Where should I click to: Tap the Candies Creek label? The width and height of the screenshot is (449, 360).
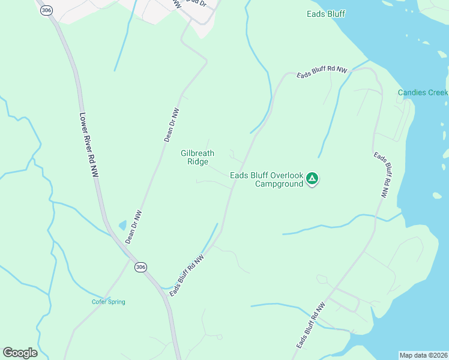(423, 92)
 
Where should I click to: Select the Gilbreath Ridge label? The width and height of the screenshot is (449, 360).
(197, 157)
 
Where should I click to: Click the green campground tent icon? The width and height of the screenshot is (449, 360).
(312, 178)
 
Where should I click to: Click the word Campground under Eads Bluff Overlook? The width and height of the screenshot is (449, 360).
(279, 184)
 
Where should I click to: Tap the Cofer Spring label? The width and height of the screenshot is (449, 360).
(109, 302)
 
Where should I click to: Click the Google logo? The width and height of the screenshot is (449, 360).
(20, 353)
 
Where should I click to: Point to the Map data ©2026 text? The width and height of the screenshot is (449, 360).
(423, 355)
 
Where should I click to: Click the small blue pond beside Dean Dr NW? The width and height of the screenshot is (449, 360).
(123, 225)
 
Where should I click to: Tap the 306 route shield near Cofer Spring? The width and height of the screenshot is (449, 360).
(140, 267)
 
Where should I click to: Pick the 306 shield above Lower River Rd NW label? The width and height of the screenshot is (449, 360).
(46, 10)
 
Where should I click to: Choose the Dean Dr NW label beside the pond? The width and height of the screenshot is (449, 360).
(133, 227)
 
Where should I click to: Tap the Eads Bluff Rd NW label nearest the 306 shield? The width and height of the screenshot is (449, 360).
(187, 275)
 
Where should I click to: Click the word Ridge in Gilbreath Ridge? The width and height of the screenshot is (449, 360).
(197, 162)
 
